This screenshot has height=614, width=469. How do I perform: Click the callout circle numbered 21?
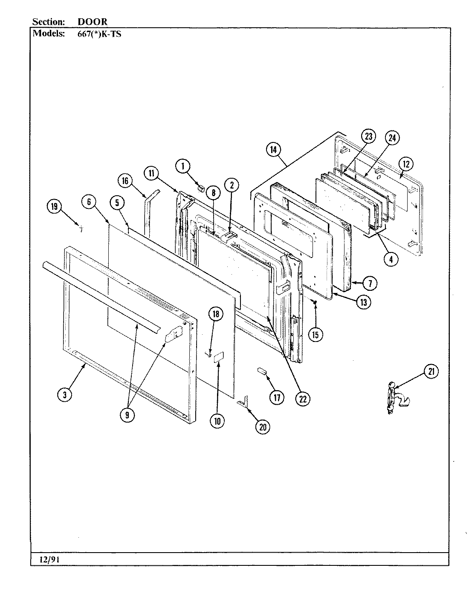431,372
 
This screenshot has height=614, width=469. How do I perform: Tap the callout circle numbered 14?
273,150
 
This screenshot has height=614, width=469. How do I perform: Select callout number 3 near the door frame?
65,395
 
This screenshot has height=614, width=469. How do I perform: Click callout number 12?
406,164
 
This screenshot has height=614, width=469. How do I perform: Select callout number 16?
124,181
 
